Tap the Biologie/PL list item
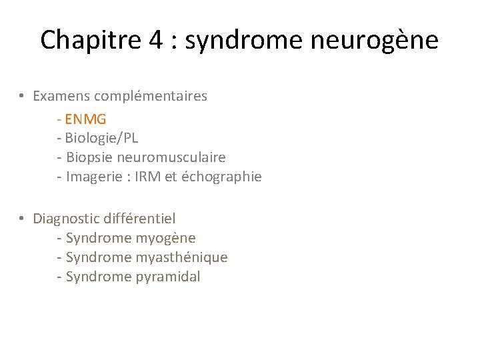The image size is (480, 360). (102, 138)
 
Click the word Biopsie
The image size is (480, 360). (89, 158)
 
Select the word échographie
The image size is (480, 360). (221, 177)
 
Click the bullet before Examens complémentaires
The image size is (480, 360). (22, 97)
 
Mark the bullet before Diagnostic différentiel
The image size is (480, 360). (22, 219)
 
